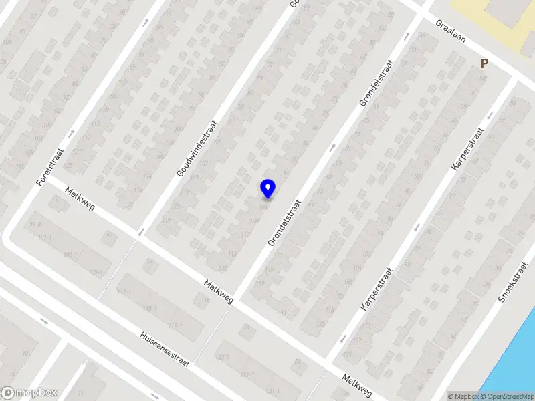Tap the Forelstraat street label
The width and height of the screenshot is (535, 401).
click(x=50, y=167)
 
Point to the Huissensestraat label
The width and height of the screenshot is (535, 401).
click(x=165, y=349)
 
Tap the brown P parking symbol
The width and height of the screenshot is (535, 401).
click(x=485, y=63)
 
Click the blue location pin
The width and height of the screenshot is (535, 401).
click(x=268, y=189)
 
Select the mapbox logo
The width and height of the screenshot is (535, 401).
click(x=29, y=393)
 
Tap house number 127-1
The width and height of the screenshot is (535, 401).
click(x=248, y=375)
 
